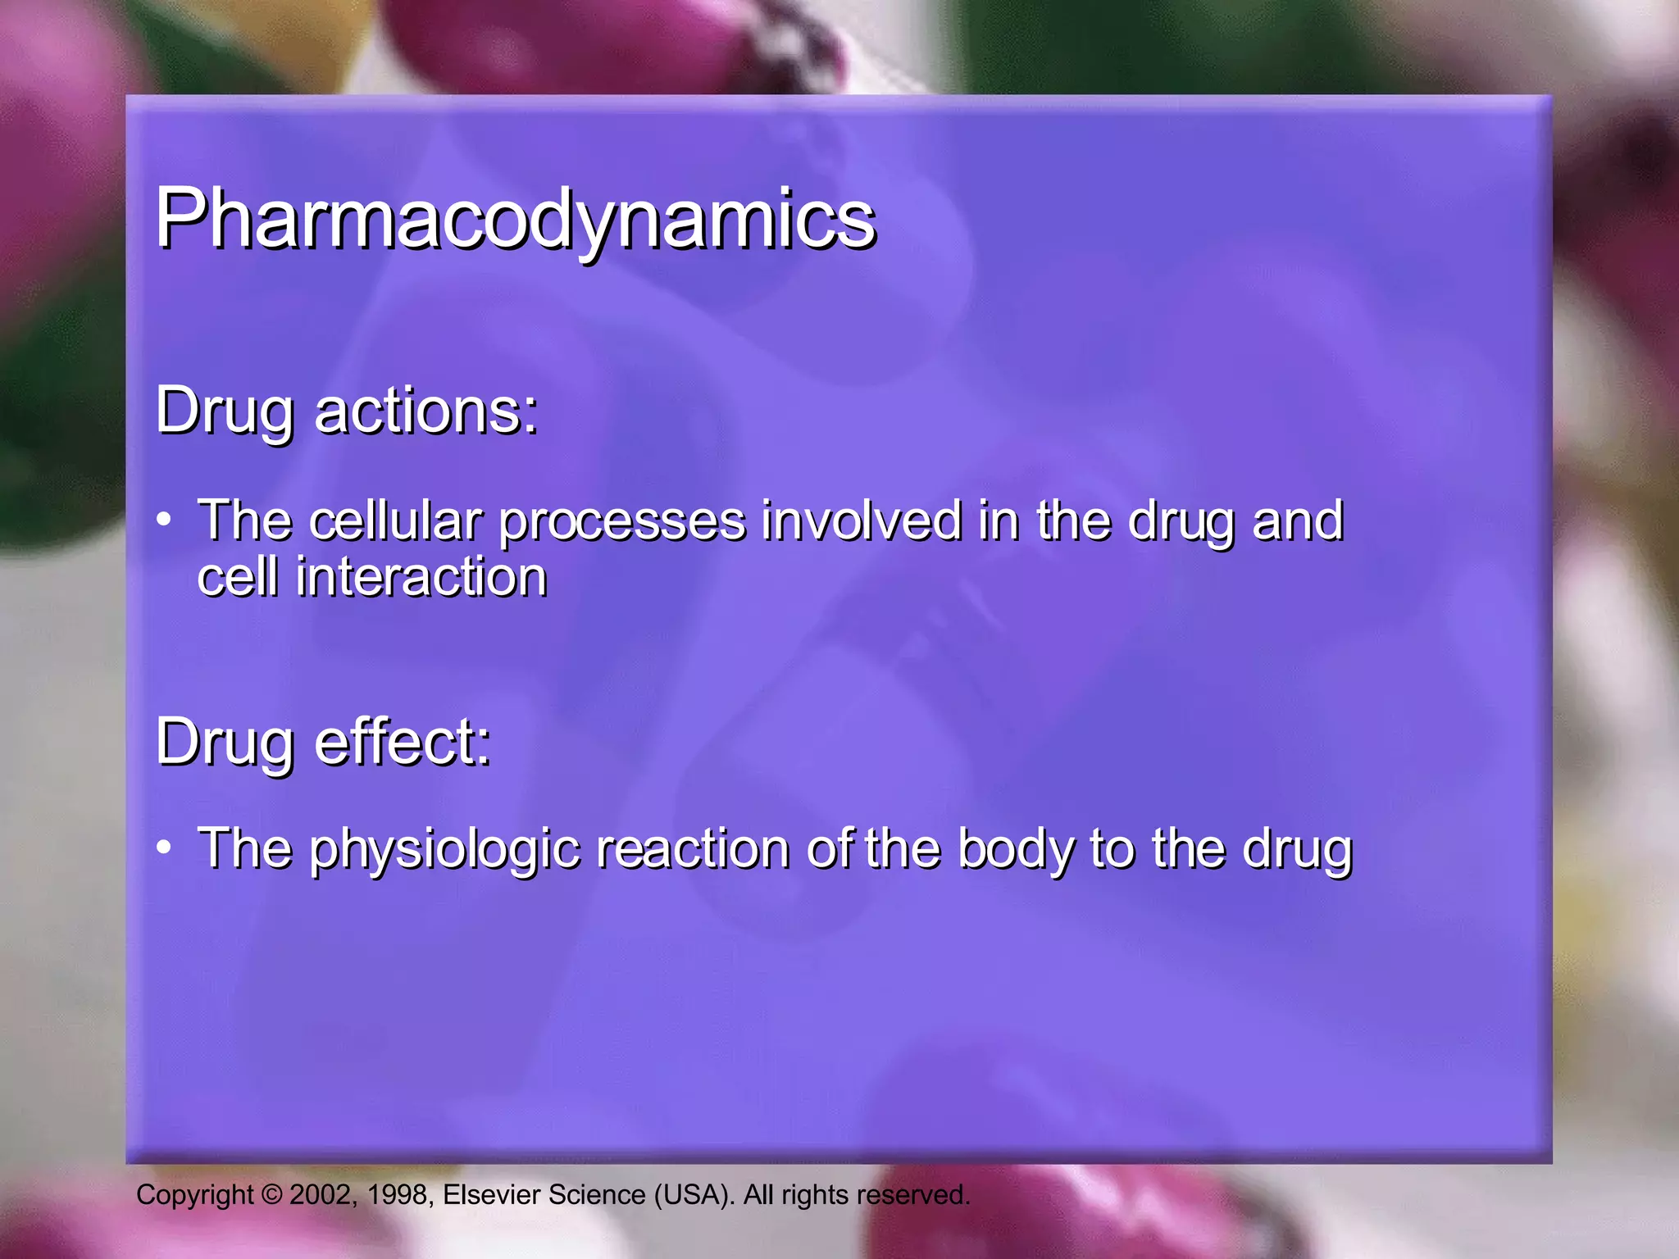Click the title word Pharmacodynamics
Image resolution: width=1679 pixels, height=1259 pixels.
[515, 219]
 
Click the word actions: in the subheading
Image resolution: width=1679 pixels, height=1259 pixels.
[425, 411]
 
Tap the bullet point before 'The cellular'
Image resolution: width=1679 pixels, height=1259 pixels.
[164, 519]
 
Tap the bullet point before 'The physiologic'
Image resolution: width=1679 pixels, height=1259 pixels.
[164, 847]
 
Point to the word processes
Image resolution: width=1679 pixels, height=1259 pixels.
[622, 522]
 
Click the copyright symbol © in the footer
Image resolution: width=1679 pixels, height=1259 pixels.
[271, 1195]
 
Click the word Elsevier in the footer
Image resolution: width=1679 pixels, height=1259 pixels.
[491, 1195]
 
